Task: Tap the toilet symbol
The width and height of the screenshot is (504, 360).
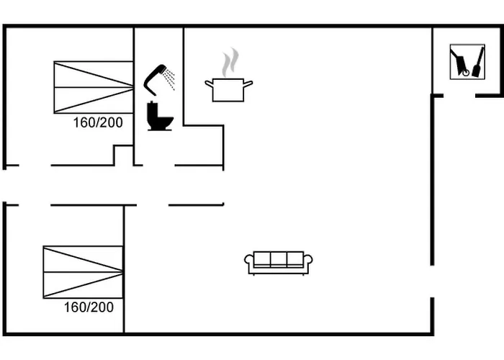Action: (160, 116)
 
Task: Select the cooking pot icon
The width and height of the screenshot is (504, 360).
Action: (228, 90)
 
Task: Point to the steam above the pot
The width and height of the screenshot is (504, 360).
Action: (230, 63)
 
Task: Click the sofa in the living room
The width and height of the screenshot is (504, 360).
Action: (279, 264)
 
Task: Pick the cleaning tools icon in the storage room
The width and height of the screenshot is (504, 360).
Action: (467, 62)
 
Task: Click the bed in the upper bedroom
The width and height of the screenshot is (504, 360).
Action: (94, 87)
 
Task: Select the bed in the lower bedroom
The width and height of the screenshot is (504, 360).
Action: (84, 272)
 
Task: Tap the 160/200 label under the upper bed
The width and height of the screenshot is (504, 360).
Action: (98, 122)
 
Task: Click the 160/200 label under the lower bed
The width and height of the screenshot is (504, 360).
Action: (89, 307)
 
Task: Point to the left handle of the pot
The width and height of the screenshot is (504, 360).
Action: (209, 84)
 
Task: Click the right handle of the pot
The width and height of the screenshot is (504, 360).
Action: (248, 84)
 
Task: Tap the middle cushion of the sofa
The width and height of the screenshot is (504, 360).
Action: (279, 259)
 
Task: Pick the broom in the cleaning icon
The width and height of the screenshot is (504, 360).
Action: (478, 62)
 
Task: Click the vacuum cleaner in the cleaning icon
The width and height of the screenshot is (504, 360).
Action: (460, 63)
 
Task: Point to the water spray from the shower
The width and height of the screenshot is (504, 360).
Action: (168, 78)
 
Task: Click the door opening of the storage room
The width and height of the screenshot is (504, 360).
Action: (459, 96)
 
